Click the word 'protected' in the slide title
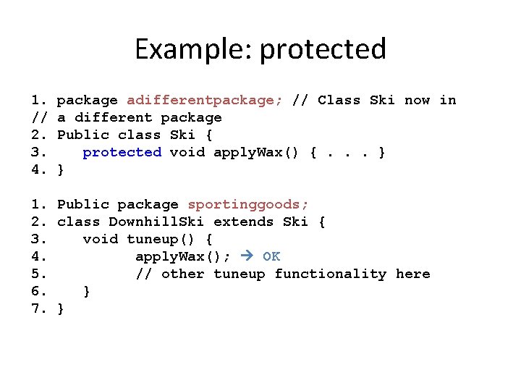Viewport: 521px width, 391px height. tap(323, 50)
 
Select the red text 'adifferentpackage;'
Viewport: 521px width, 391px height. tap(205, 100)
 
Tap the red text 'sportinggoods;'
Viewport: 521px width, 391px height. tap(248, 204)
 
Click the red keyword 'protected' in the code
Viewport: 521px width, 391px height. tap(122, 152)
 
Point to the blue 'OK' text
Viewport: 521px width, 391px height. tap(271, 256)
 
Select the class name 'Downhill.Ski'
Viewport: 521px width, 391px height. tap(156, 222)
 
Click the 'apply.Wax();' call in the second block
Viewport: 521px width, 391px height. tap(183, 256)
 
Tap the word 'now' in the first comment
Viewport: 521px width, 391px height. tap(417, 100)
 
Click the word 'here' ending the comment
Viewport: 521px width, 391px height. tap(413, 274)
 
